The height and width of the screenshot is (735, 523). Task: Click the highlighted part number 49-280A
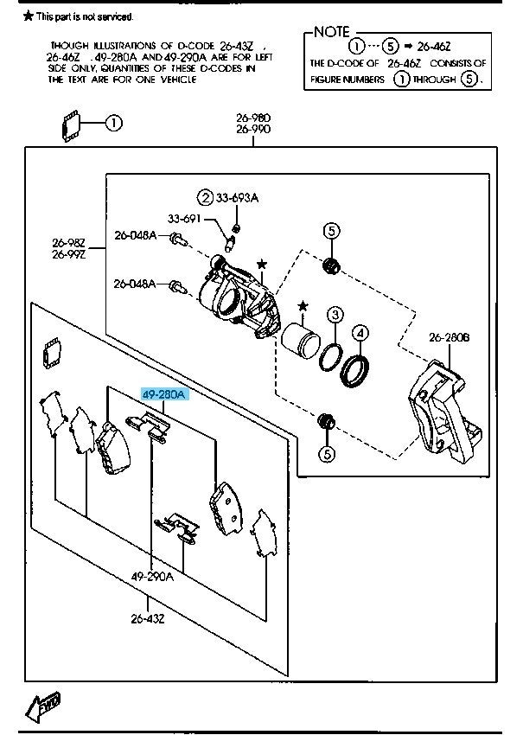click(163, 395)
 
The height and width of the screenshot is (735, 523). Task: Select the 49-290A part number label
click(152, 576)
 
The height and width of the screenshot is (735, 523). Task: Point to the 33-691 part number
click(184, 220)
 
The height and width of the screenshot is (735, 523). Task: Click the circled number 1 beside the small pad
click(114, 123)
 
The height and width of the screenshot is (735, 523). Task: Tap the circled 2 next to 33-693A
click(205, 198)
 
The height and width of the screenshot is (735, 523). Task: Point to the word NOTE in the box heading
click(331, 33)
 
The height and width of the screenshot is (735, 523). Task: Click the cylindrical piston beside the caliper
click(298, 337)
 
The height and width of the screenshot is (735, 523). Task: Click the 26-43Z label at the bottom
click(148, 617)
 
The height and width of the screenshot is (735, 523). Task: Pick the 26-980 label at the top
click(254, 117)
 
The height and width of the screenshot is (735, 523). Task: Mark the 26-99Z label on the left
click(67, 254)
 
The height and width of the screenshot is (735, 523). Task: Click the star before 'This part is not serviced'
click(28, 16)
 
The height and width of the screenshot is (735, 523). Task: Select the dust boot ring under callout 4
click(356, 369)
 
